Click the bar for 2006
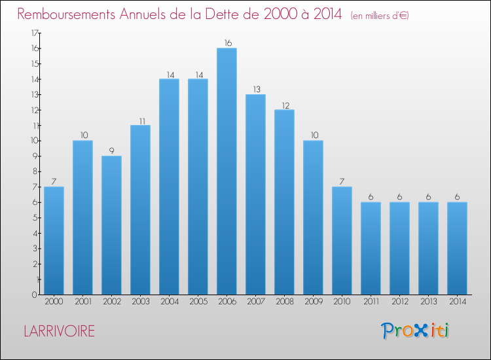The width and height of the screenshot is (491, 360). [x=227, y=171]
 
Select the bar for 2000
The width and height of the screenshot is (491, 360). [x=54, y=240]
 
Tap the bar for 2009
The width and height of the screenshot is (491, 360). [x=313, y=217]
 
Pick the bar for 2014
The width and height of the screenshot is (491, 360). [x=457, y=248]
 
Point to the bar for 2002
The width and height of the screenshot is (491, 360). [x=111, y=225]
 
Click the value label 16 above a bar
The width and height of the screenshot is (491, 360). [x=227, y=43]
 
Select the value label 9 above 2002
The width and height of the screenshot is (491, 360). [x=111, y=151]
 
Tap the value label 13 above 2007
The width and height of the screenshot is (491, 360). [x=255, y=89]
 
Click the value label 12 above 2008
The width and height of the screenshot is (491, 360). [x=284, y=105]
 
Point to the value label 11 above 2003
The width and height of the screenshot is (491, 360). [x=140, y=120]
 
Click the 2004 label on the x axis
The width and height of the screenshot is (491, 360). [x=169, y=302]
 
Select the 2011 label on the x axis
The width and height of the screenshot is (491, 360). [x=371, y=302]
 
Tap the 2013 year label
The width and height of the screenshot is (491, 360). [x=428, y=302]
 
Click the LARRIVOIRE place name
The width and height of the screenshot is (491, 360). [x=58, y=331]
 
